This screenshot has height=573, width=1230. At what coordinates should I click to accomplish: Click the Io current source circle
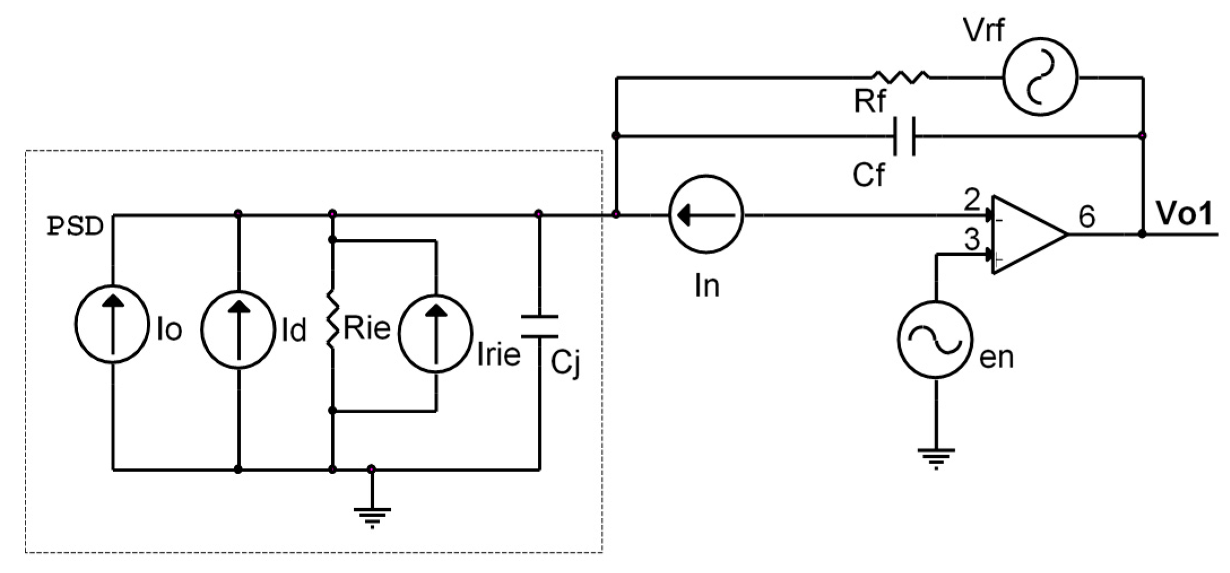tap(112, 324)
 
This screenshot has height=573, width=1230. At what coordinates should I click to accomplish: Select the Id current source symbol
tap(238, 330)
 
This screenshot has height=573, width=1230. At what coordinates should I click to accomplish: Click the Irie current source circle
tap(436, 333)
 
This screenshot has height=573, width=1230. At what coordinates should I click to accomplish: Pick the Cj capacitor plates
tap(540, 326)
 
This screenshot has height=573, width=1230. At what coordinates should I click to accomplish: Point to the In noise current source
tap(706, 215)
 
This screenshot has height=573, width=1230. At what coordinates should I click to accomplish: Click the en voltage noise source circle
tap(935, 339)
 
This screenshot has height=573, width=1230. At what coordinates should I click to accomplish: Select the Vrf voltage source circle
tap(1040, 77)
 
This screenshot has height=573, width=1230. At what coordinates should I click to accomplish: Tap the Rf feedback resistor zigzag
tap(901, 77)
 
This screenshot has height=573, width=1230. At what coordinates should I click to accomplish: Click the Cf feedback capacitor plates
tap(904, 136)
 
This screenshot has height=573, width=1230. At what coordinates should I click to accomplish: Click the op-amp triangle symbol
tap(1025, 234)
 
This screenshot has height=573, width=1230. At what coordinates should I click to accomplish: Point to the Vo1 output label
tap(1184, 214)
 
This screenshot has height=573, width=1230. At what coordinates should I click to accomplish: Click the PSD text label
tap(75, 226)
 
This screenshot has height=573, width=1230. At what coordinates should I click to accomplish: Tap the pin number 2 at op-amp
tap(972, 200)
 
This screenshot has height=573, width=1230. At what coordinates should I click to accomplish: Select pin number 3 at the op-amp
tap(972, 239)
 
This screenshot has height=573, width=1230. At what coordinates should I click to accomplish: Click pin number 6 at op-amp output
tap(1086, 217)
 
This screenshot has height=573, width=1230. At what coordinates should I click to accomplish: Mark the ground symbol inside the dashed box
tap(372, 516)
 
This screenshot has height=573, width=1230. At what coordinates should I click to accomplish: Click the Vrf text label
tap(984, 30)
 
